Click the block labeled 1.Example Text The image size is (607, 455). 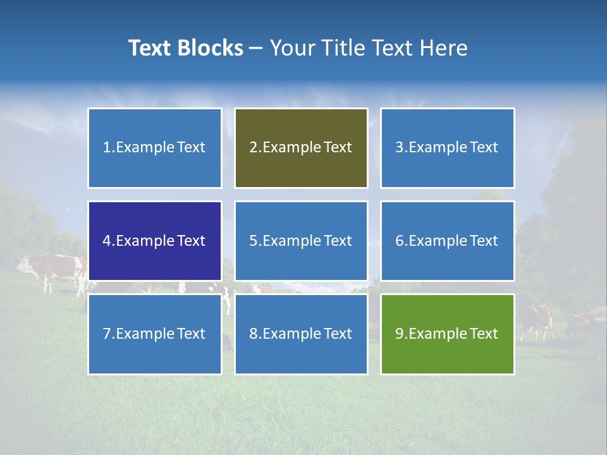coord(155,148)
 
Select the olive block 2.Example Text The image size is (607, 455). coord(301,148)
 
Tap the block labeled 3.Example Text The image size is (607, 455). coord(447,148)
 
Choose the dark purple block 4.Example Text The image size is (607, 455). coord(155,241)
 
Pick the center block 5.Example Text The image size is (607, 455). coord(301,241)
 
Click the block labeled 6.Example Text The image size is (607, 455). coord(447,241)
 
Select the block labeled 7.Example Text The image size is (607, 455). coord(155,334)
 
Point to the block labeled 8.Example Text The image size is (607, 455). coord(301,334)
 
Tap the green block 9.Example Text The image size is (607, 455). coord(447,334)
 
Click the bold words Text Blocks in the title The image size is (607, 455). coord(186,48)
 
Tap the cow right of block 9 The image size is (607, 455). coord(535,318)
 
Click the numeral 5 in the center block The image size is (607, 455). coord(253,241)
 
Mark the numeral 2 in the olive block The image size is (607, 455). coord(253,148)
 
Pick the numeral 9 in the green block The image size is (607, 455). coord(399,334)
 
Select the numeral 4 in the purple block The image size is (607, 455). coord(107,241)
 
